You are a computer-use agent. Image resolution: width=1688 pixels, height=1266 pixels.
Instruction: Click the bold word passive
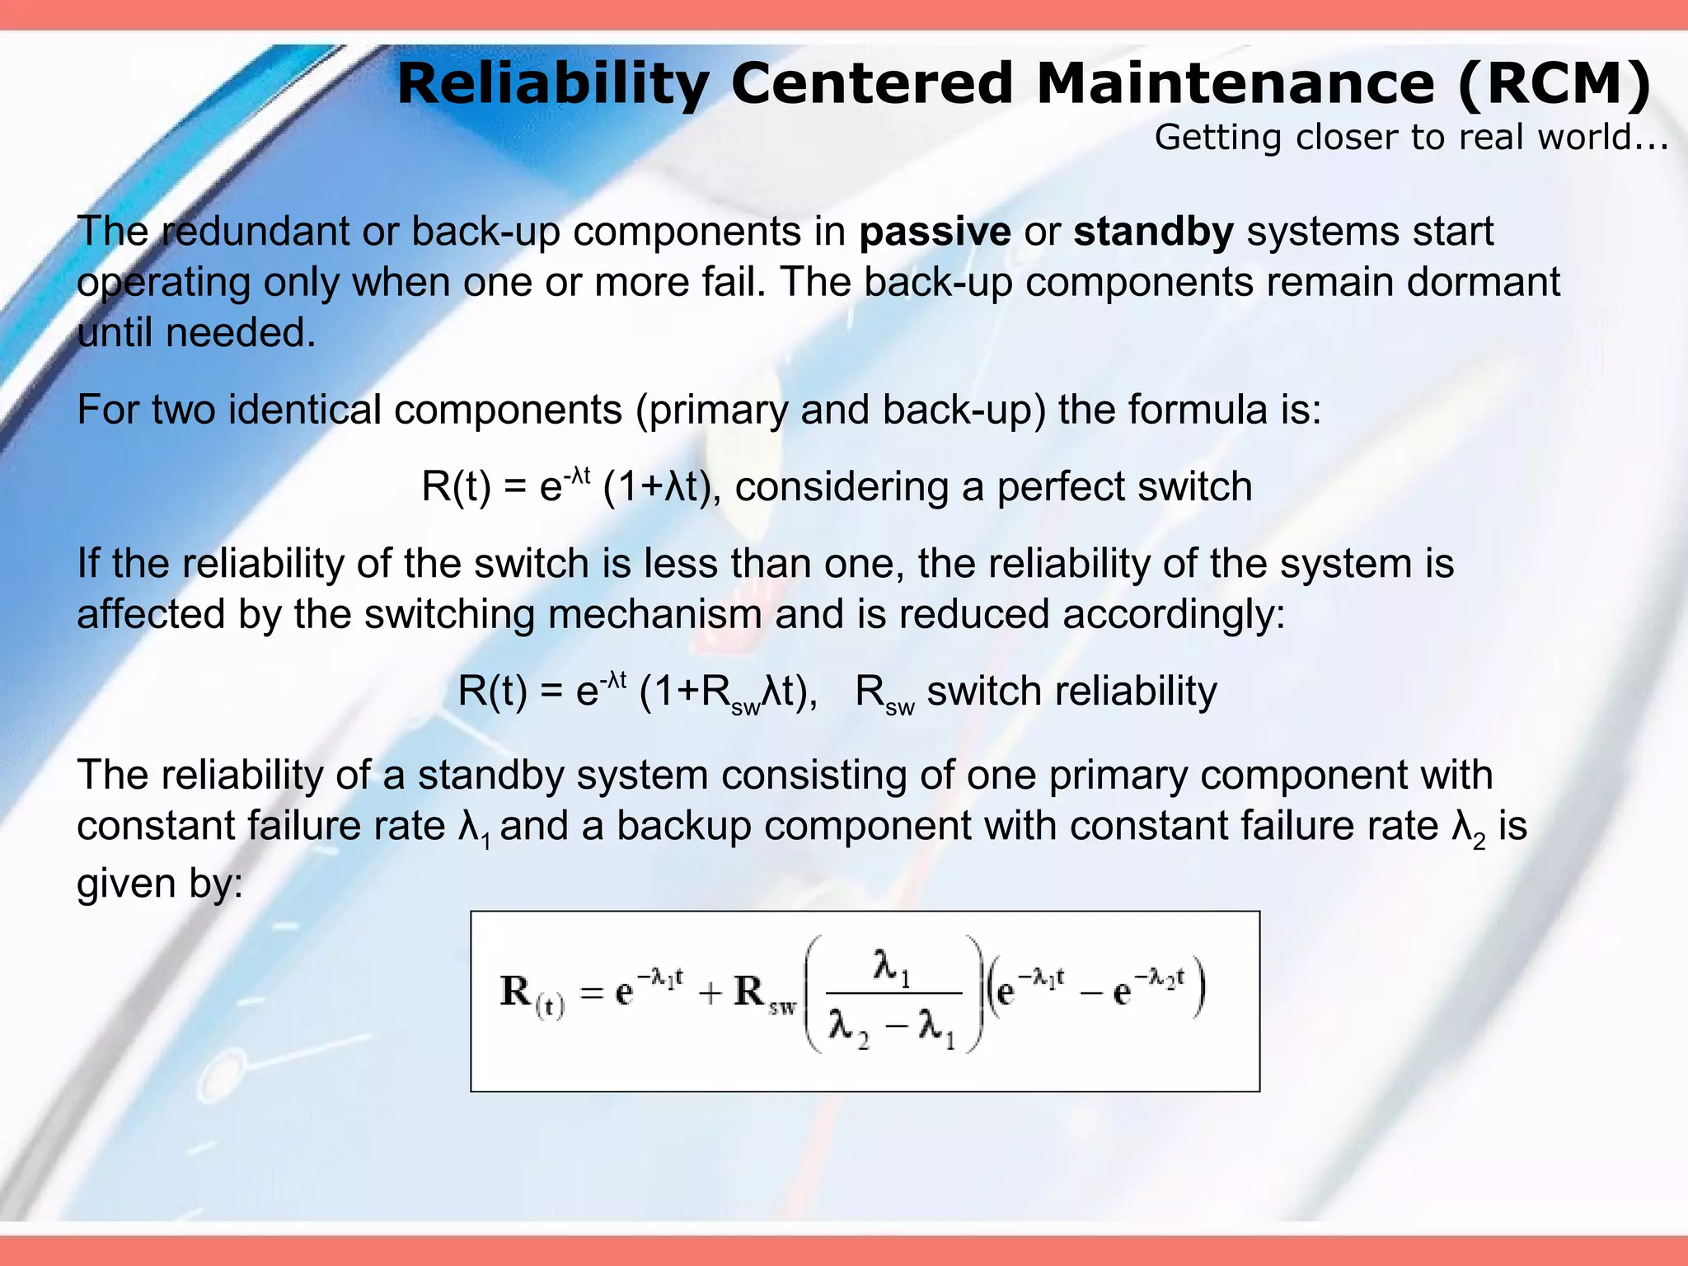pyautogui.click(x=934, y=232)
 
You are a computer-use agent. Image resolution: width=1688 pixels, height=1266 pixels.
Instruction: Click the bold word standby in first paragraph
pyautogui.click(x=1152, y=232)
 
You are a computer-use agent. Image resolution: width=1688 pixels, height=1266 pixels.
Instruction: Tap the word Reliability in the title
pyautogui.click(x=552, y=84)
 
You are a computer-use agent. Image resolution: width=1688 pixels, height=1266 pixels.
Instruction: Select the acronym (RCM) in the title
pyautogui.click(x=1554, y=84)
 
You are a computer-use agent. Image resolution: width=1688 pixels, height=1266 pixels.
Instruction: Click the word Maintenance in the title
pyautogui.click(x=1235, y=84)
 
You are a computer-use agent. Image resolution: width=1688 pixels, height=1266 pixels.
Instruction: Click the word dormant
pyautogui.click(x=1483, y=282)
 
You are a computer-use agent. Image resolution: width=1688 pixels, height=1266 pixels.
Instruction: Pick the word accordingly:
pyautogui.click(x=1174, y=615)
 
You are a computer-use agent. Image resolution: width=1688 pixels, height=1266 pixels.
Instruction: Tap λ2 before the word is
pyautogui.click(x=1468, y=828)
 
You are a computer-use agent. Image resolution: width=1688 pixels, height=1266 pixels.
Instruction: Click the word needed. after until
pyautogui.click(x=241, y=334)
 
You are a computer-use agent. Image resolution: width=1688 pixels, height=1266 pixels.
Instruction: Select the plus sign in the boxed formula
pyautogui.click(x=710, y=992)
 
